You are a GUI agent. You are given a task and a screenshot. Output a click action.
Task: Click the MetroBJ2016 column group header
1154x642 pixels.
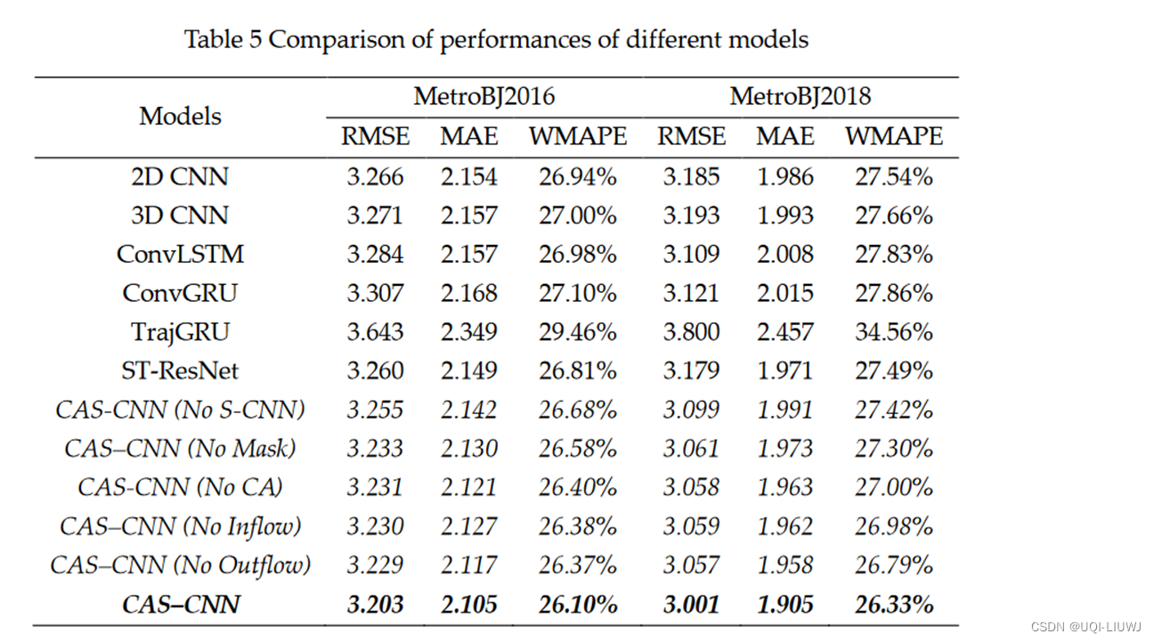(484, 96)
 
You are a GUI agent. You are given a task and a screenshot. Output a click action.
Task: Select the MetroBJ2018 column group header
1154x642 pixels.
(800, 96)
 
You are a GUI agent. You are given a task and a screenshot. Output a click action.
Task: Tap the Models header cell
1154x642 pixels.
(180, 117)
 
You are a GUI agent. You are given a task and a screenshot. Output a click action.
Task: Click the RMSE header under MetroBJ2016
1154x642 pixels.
(375, 136)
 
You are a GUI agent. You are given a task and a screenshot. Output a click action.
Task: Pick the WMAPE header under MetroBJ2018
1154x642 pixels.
(893, 136)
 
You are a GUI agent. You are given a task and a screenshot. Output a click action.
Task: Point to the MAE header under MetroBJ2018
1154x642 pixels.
(785, 136)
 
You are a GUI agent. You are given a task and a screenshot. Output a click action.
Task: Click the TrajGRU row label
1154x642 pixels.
(180, 332)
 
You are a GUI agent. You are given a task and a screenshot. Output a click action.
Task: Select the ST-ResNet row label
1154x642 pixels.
(180, 370)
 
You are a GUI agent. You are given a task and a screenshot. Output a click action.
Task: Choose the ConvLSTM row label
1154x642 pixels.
(180, 255)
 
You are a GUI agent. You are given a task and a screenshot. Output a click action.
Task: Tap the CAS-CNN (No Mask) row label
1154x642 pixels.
(180, 448)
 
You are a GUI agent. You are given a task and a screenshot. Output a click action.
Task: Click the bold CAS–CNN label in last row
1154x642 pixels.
(180, 604)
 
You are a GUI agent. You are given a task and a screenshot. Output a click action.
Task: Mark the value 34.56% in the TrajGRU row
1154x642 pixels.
(893, 332)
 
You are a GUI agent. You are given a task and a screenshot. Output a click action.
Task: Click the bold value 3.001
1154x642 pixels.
(691, 604)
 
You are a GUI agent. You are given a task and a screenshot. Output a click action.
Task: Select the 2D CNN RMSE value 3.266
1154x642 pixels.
(375, 177)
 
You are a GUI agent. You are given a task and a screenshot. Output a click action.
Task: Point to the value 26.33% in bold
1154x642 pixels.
(893, 604)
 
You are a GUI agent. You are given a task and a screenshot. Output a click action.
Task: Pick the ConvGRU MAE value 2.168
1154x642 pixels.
(468, 293)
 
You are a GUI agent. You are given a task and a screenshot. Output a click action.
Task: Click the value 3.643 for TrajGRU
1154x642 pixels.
(375, 332)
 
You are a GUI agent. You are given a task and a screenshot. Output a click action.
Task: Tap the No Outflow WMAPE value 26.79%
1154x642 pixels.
(893, 565)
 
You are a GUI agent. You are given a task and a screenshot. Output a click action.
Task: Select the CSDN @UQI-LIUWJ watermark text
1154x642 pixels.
(1085, 627)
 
